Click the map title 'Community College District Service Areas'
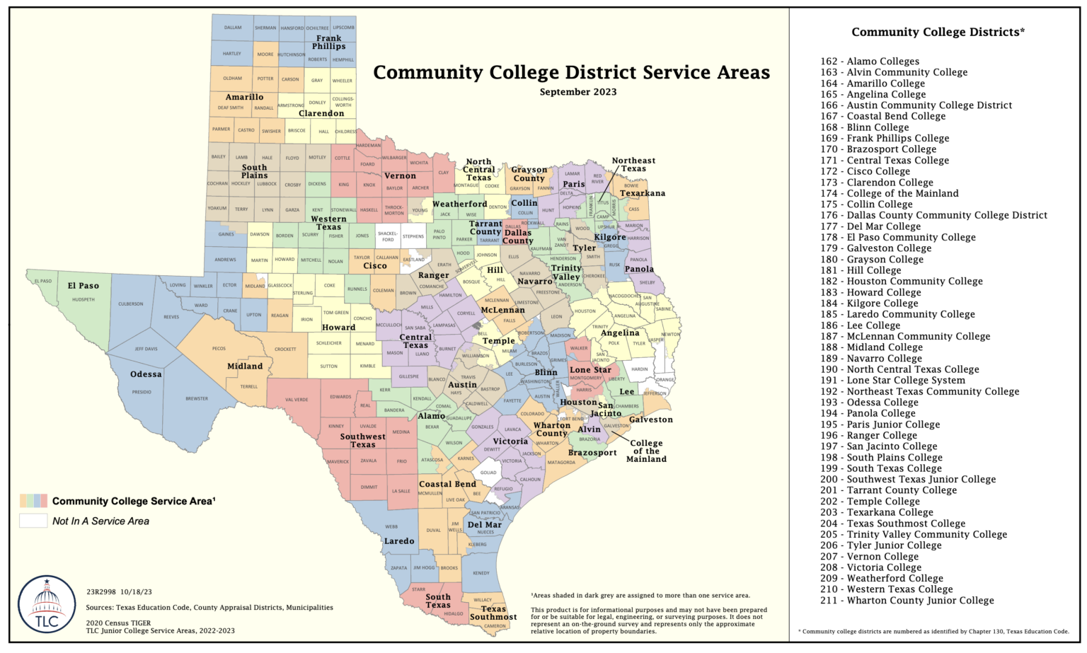(571, 73)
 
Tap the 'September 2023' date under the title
(577, 92)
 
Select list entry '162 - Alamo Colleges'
(870, 62)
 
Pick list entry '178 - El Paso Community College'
(898, 237)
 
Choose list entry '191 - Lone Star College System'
(892, 380)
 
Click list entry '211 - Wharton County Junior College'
(907, 600)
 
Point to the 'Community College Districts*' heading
(938, 32)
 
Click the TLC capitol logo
(47, 605)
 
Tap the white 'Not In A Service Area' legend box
(33, 521)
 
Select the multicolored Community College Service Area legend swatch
(33, 501)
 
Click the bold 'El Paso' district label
(84, 286)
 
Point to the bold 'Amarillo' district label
(244, 97)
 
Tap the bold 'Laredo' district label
(399, 541)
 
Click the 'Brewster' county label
(197, 398)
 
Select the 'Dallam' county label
(233, 28)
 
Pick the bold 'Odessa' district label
(146, 374)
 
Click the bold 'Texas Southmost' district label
(493, 613)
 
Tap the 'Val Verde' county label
(297, 400)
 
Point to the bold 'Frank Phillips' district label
(329, 42)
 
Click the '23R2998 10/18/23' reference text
(119, 592)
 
